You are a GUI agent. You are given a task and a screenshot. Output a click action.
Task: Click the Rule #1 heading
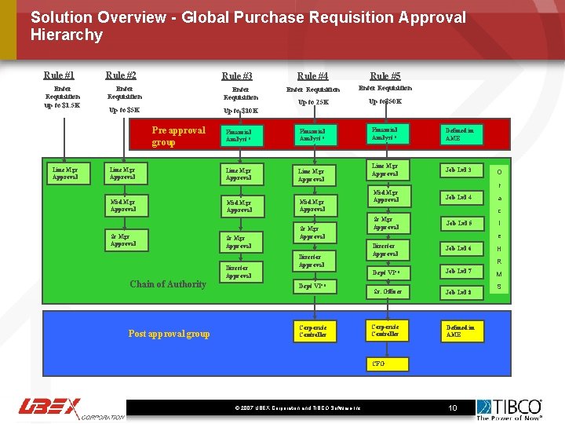coord(59,75)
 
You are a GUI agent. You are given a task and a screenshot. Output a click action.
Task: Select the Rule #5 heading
coord(385,76)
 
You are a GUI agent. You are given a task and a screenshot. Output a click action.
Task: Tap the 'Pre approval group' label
coord(178,136)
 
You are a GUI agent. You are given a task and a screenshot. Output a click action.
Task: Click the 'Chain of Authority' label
coord(168,284)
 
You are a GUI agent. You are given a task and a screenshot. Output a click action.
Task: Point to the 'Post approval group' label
coord(169,334)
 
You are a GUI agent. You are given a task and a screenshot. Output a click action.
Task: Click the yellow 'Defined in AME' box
coord(462,331)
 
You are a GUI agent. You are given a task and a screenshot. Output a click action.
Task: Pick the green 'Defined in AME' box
coord(462,133)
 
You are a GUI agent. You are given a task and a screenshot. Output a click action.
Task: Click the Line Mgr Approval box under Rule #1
coord(65,174)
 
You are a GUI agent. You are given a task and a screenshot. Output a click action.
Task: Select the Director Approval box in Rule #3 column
coord(239,272)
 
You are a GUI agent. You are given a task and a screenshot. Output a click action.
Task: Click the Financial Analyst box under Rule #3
coord(239,135)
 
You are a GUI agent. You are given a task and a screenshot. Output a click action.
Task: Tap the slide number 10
coord(453,408)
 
